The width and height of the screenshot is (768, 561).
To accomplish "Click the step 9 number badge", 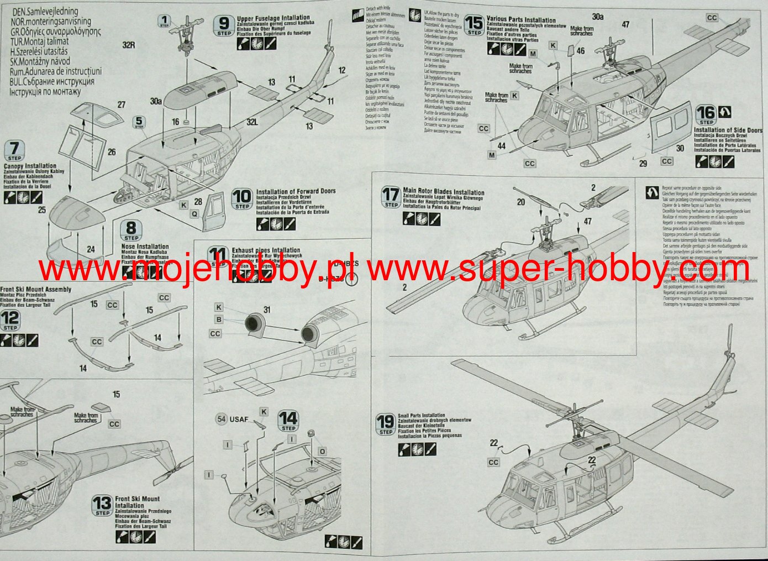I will (224, 25).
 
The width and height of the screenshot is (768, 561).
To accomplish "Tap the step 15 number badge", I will (474, 25).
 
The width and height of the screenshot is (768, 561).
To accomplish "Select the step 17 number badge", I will (391, 197).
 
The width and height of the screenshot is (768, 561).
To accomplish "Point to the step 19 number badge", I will (385, 424).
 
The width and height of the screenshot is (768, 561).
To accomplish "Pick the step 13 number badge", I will (102, 505).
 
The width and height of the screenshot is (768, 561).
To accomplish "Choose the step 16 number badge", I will (706, 115).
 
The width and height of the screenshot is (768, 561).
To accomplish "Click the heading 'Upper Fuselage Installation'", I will (273, 18).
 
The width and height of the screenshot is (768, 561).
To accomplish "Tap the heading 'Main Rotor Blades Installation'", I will (443, 192).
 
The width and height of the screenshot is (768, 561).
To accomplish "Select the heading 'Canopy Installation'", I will (30, 166).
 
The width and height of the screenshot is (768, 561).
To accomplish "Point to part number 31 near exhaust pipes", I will (267, 310).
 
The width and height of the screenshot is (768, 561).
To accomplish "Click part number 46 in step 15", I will (580, 51).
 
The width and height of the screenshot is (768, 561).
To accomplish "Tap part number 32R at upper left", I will (128, 45).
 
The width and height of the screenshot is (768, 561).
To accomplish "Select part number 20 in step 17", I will (520, 202).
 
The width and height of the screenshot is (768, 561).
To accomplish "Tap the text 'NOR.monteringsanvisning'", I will (51, 21).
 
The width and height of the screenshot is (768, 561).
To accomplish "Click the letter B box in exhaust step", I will (219, 319).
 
